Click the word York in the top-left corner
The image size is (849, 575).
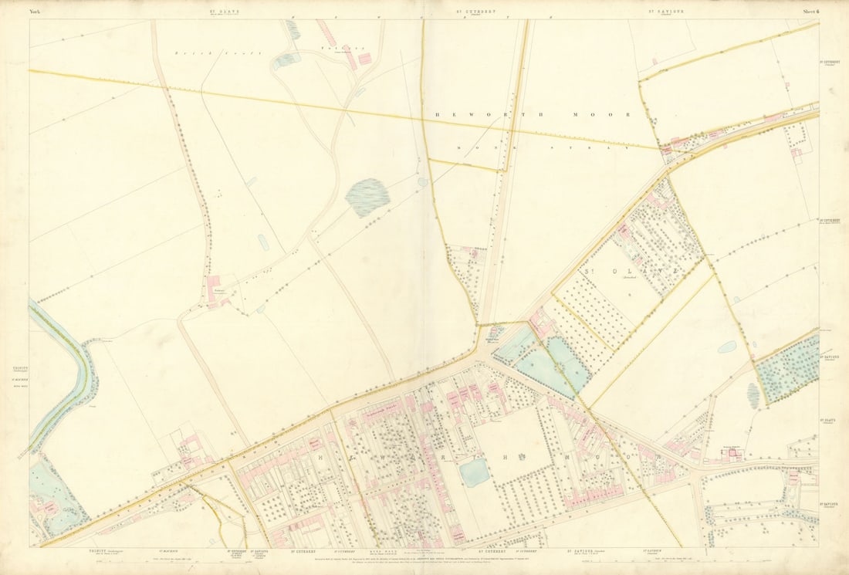click(x=36, y=12)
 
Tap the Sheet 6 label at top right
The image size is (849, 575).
click(x=810, y=12)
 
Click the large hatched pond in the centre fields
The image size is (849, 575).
click(x=367, y=197)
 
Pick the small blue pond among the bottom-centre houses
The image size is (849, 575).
click(x=475, y=472)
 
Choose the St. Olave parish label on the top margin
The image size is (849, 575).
click(x=222, y=12)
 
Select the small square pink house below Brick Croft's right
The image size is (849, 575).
click(x=364, y=59)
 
